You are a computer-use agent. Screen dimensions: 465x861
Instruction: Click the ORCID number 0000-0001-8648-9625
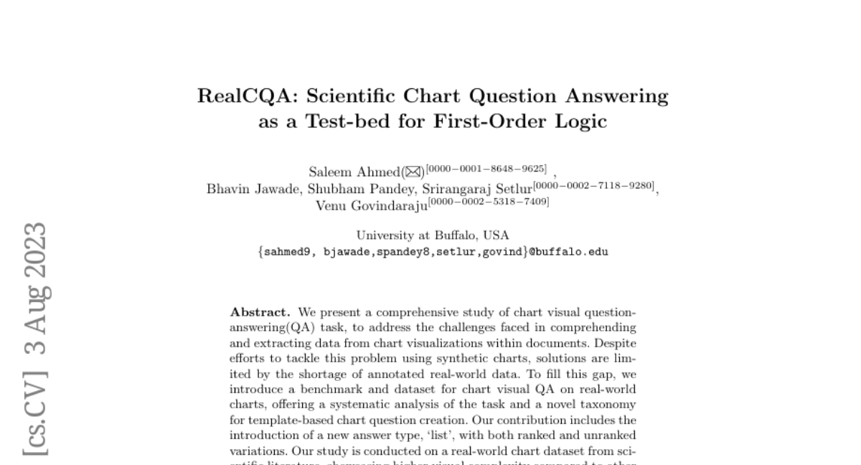486,169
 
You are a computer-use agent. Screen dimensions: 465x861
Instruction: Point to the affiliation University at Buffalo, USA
433,235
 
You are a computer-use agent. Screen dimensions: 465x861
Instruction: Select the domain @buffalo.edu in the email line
569,252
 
